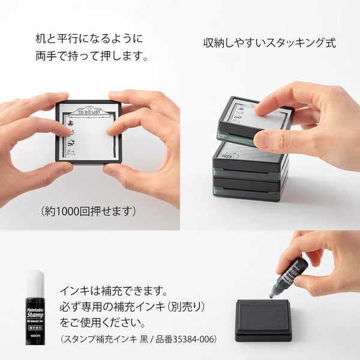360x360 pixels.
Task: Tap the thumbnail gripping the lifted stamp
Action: pyautogui.click(x=260, y=108)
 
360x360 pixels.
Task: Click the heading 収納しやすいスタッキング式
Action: pyautogui.click(x=269, y=43)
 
